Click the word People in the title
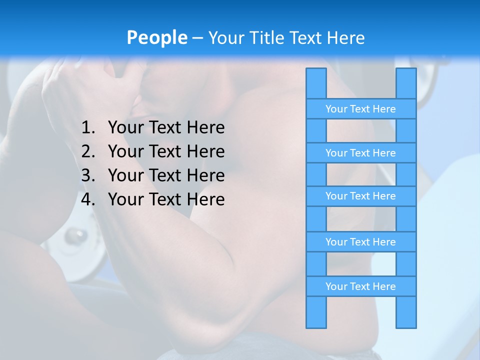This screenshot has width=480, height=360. point(157,37)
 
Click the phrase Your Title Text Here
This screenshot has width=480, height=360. point(286,38)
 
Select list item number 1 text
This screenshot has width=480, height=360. point(166,128)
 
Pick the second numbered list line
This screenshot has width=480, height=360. point(166,151)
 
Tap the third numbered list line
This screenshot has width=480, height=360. point(166,175)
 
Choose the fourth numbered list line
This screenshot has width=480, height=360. point(166,199)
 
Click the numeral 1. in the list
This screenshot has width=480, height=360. point(88,128)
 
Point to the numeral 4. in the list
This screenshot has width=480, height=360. point(88,199)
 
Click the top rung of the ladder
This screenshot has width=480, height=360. point(360,109)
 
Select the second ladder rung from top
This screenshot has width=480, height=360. point(360,153)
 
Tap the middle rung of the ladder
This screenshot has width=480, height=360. point(360,196)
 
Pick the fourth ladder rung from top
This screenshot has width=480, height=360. point(360,242)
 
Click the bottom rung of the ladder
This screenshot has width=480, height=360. point(360,286)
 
